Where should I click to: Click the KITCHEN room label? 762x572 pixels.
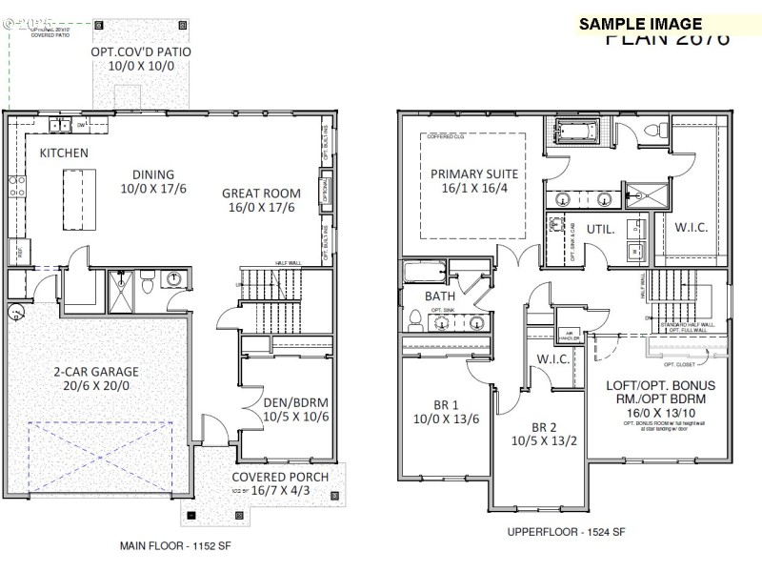point(64,153)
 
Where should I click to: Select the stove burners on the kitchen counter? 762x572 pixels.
point(15,185)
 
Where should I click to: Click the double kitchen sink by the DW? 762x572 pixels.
point(60,125)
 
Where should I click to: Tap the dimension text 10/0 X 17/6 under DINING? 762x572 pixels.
point(153,189)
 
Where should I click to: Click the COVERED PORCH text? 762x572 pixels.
point(281,477)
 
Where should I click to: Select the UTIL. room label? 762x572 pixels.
point(600,230)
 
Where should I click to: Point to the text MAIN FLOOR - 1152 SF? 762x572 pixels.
point(175,547)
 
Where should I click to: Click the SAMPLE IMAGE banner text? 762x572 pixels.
point(640,25)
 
